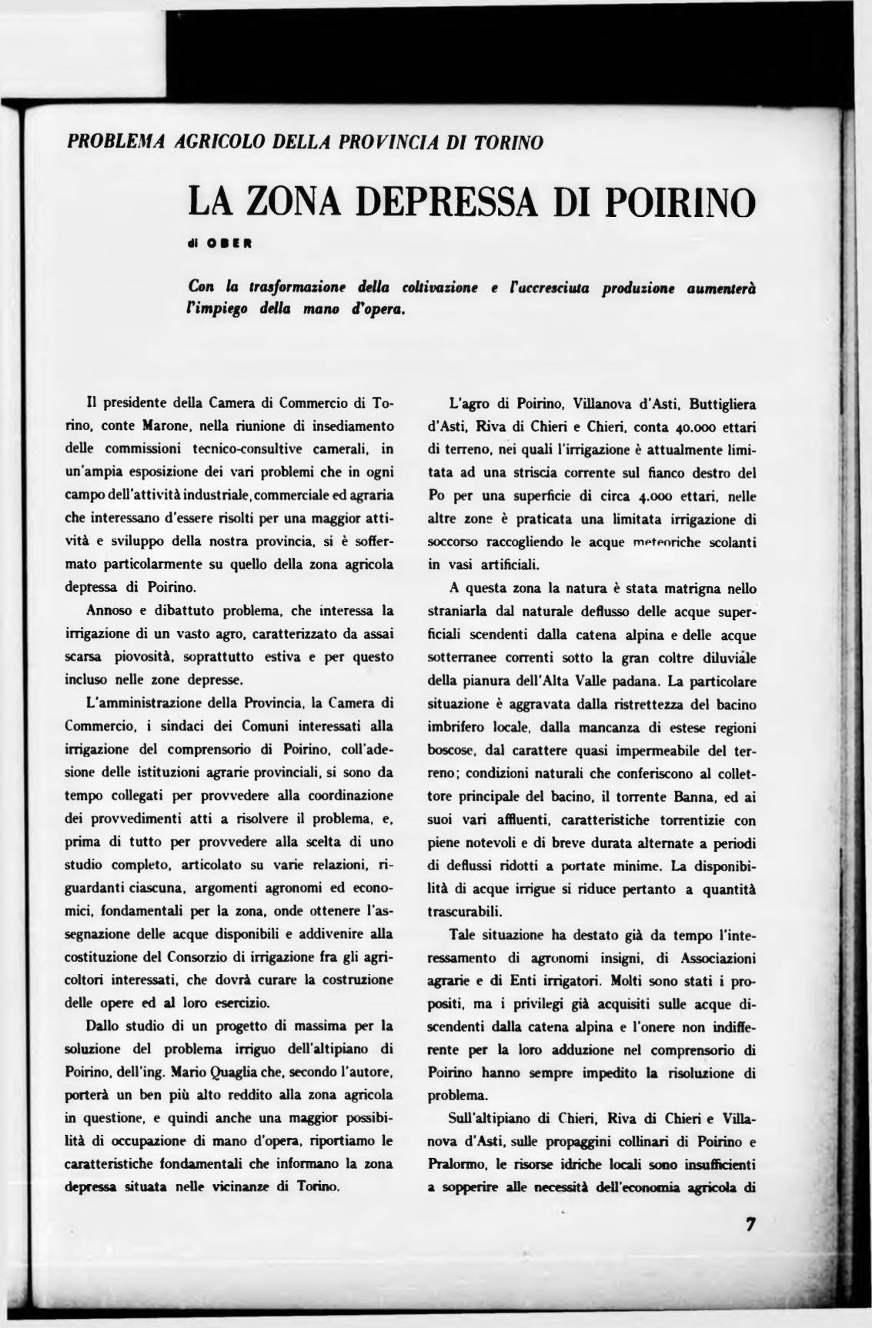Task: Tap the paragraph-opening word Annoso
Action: [109, 611]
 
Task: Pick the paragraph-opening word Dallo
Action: [102, 1025]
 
